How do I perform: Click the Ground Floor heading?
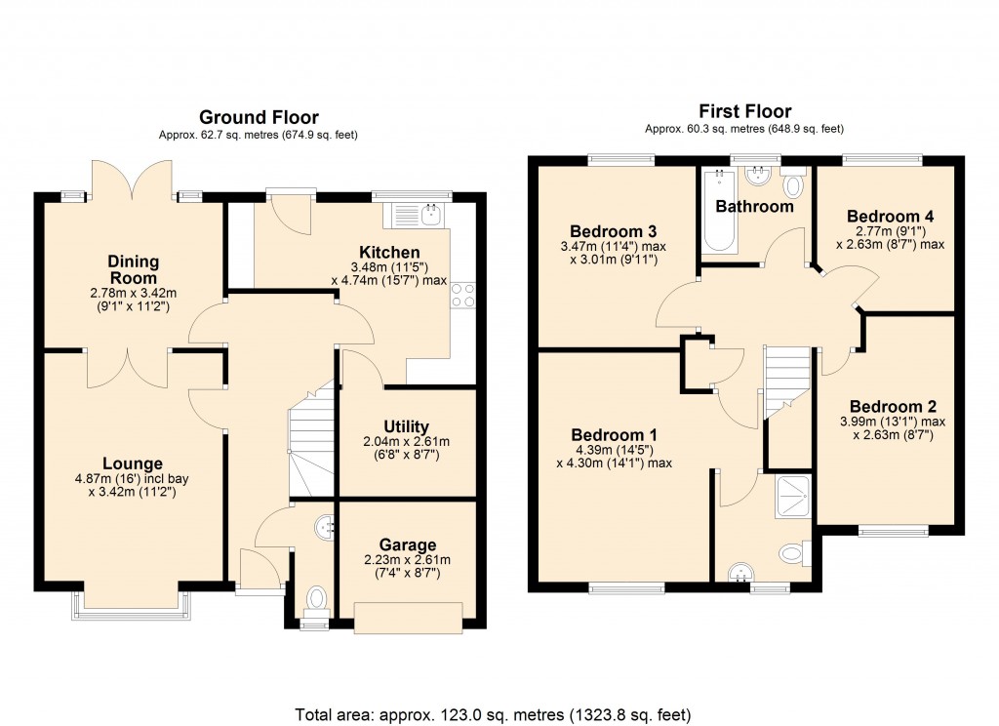click(259, 117)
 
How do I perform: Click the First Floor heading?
click(744, 111)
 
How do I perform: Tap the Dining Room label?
click(134, 270)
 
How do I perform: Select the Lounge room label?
click(133, 464)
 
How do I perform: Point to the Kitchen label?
click(390, 253)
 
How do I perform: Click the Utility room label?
click(407, 426)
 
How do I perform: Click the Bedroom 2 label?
click(886, 407)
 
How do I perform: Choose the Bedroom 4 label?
click(884, 217)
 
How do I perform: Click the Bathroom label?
click(754, 207)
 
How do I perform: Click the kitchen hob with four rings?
click(462, 295)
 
